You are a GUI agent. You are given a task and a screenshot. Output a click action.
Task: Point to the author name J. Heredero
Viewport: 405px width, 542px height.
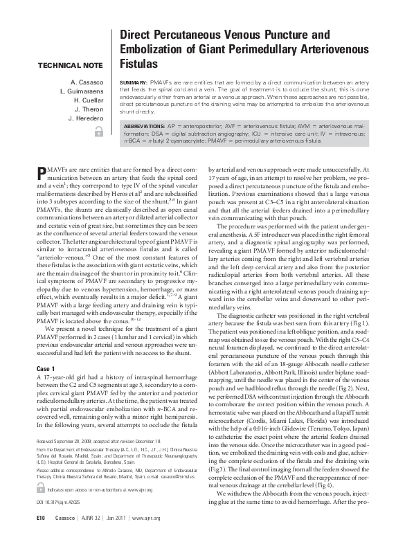tap(86, 118)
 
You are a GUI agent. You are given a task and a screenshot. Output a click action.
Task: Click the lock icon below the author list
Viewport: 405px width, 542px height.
tap(98, 131)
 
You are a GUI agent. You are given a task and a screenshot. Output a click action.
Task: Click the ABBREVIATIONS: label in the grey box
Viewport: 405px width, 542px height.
tap(148, 127)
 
